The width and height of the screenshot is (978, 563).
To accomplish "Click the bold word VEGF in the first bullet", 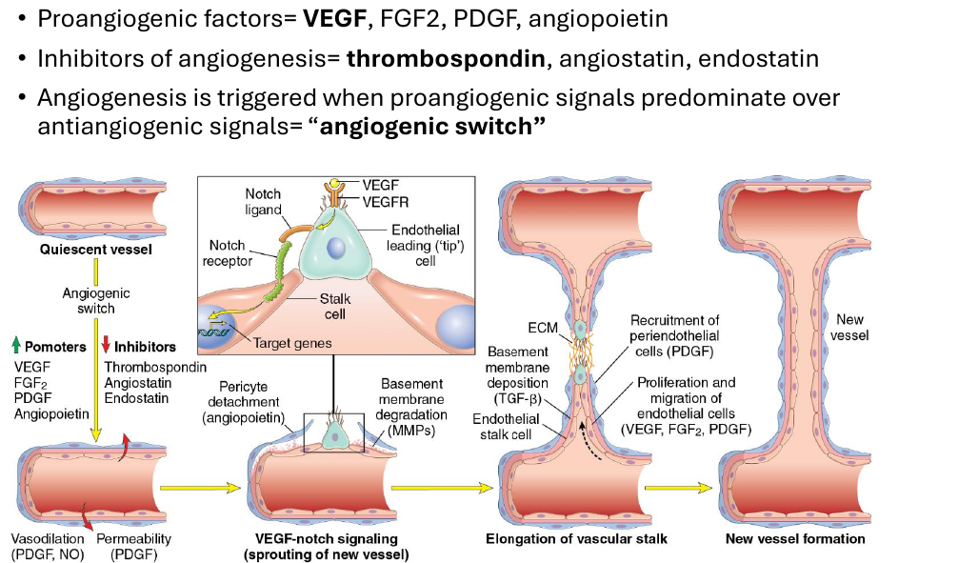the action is (x=334, y=19).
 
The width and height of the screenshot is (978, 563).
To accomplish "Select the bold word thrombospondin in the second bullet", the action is (x=446, y=59).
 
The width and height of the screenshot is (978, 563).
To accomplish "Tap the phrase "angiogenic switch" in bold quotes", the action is (x=426, y=127).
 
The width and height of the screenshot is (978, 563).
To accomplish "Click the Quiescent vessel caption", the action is (x=96, y=250).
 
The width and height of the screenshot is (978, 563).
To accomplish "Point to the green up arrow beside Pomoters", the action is (x=17, y=345).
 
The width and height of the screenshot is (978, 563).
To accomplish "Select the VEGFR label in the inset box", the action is (x=386, y=202).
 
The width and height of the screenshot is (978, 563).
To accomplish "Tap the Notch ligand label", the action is (x=263, y=202).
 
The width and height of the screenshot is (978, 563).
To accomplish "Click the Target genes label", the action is (x=292, y=343).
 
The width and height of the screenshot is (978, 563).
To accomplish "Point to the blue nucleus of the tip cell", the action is (x=335, y=249).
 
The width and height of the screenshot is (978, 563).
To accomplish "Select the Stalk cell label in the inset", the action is (x=335, y=307).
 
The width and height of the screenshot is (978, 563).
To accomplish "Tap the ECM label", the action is (x=543, y=328).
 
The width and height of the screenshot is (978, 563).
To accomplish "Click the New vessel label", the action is (x=849, y=328).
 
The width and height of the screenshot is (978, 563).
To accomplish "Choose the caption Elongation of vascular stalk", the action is (x=576, y=538).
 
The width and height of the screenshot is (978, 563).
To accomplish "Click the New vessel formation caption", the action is (x=795, y=538).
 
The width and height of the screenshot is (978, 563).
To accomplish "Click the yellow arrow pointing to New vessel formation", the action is (x=678, y=488).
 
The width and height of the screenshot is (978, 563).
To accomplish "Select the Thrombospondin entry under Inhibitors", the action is (x=154, y=367).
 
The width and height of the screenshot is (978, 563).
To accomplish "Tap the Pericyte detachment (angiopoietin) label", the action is (x=243, y=402).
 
